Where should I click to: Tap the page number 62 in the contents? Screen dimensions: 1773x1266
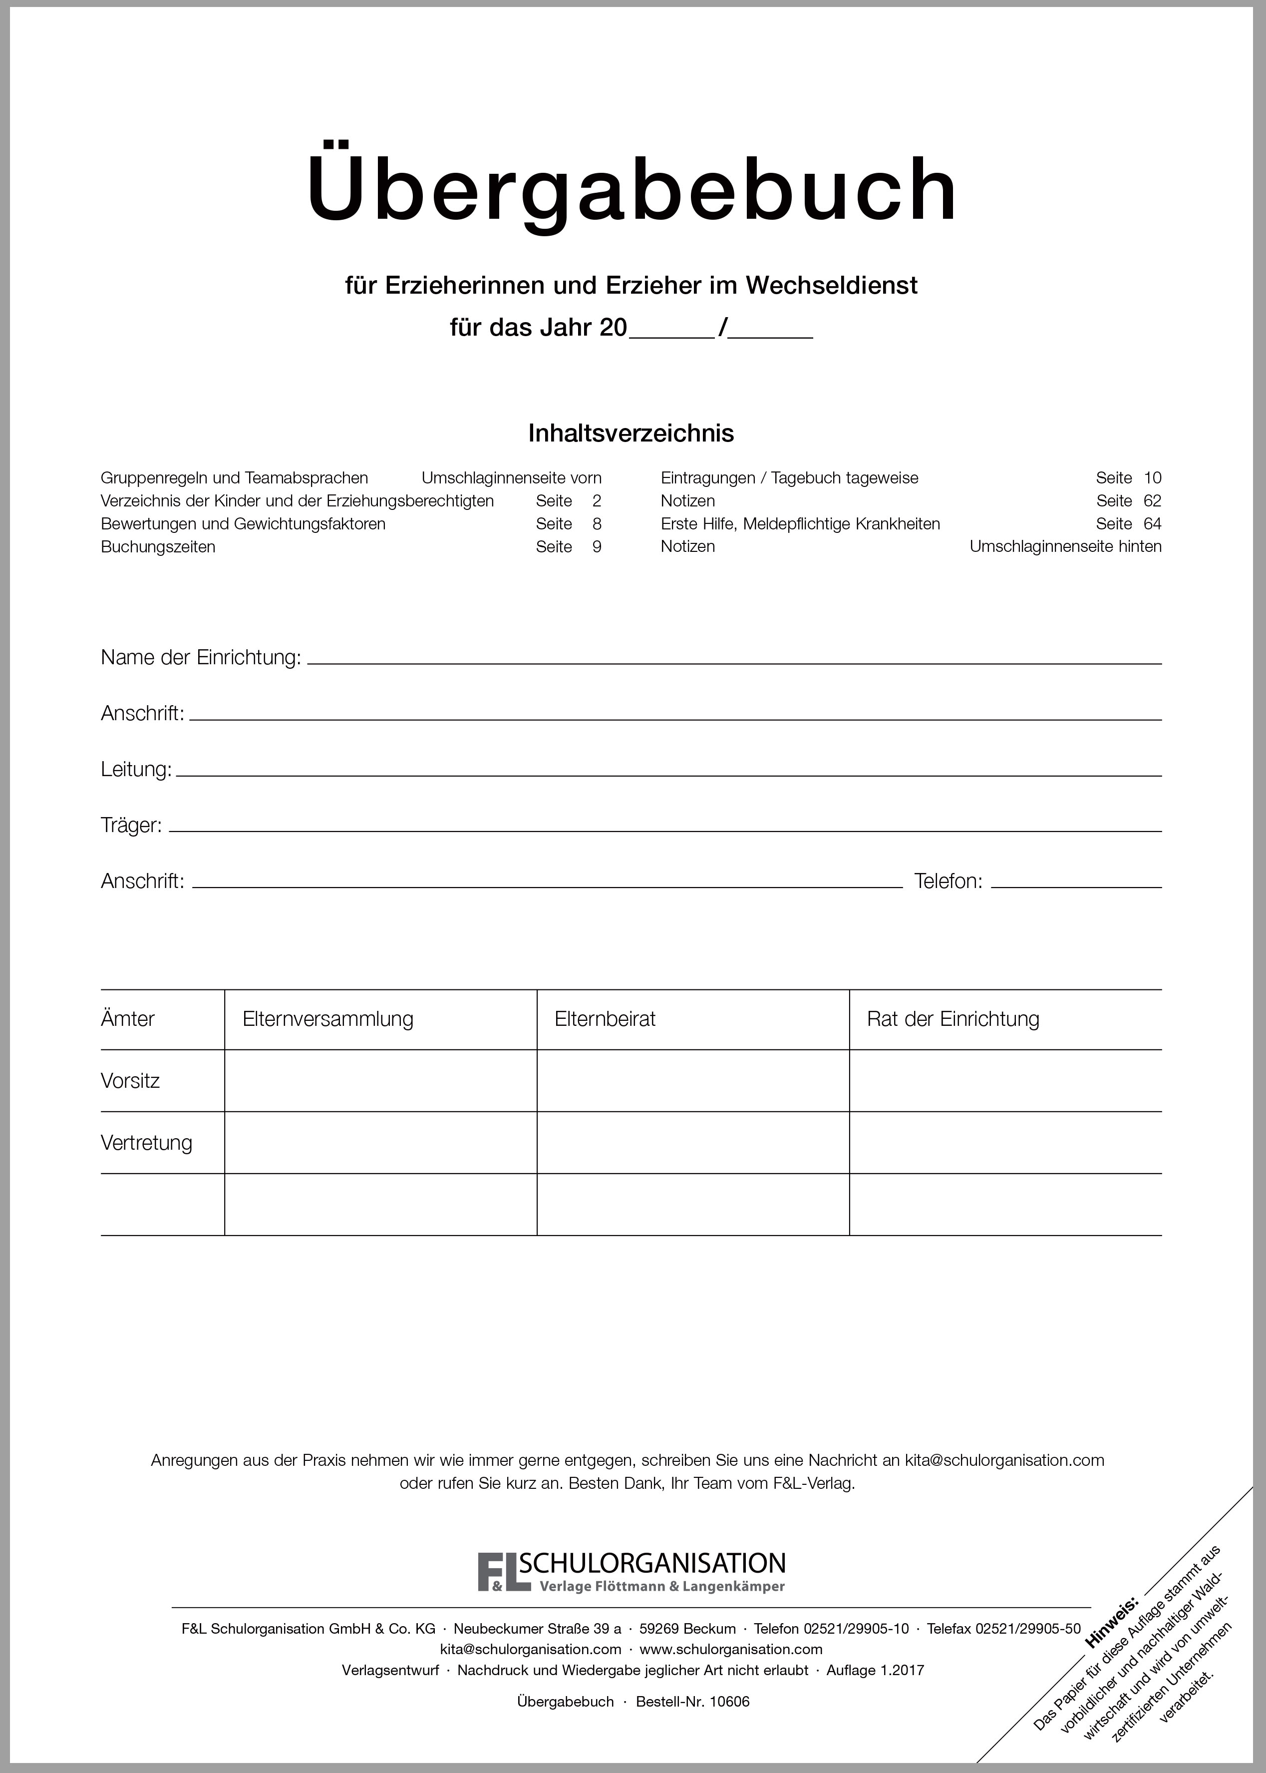1152,500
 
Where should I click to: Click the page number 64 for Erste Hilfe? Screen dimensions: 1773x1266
1152,524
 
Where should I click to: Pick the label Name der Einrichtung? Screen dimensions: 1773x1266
200,658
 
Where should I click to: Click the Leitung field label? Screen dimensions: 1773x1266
136,770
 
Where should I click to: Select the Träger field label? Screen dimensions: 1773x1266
131,826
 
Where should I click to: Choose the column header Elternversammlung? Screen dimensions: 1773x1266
327,1019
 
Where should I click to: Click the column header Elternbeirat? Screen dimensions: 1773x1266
605,1019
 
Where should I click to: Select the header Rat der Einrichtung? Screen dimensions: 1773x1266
952,1019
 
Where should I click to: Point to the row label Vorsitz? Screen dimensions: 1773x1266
130,1081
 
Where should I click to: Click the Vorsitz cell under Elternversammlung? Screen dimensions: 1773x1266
380,1081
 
